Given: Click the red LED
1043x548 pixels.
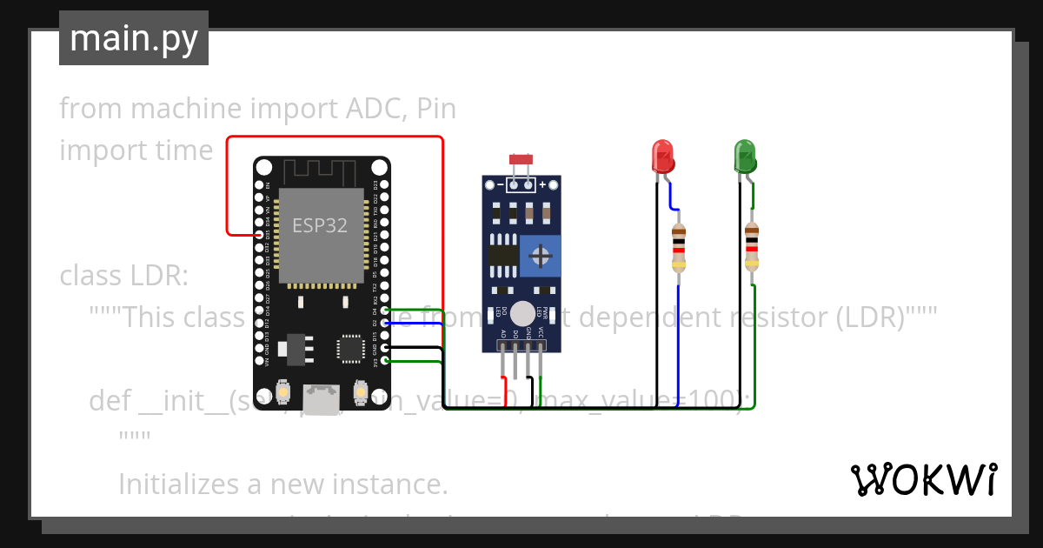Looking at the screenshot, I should point(663,156).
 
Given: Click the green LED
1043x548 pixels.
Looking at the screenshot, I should point(745,156).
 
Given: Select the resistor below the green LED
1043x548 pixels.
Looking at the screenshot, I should point(752,247).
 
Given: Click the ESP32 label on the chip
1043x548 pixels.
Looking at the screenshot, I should point(319,225).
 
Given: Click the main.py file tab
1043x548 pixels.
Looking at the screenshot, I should point(133,38).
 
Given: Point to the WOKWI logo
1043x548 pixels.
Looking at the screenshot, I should point(923,479).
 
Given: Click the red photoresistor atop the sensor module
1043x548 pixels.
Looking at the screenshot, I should point(521,160).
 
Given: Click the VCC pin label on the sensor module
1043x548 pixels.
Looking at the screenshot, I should point(541,332).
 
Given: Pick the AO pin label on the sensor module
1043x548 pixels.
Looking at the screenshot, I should point(503,332).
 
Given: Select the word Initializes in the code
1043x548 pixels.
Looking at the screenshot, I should point(184,483).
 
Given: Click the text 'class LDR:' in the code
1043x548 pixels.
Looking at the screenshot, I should point(123,276).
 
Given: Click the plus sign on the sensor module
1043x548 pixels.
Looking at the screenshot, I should point(542,184).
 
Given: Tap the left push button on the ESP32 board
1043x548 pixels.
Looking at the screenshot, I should point(282,394).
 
